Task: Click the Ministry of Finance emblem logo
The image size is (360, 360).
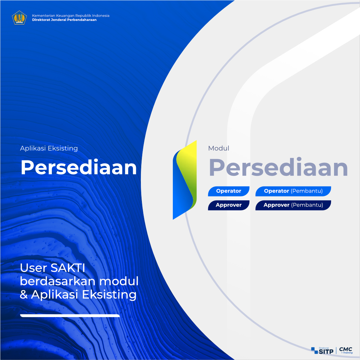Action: (x=19, y=18)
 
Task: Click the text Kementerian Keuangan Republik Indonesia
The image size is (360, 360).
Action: (x=71, y=16)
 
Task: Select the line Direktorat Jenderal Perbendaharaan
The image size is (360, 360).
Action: (x=64, y=20)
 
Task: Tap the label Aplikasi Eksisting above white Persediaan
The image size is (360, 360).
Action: (x=49, y=148)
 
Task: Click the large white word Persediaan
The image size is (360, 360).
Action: (x=79, y=167)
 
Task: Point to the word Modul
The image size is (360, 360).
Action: (x=218, y=148)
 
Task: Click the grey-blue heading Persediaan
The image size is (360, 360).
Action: (x=278, y=168)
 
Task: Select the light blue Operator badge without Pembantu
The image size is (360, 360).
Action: (x=229, y=191)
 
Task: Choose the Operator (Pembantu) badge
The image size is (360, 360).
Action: (x=293, y=191)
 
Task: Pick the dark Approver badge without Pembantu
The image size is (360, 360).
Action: (x=229, y=205)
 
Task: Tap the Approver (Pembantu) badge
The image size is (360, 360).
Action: (x=293, y=205)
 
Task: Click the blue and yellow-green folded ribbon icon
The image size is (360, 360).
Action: (x=185, y=180)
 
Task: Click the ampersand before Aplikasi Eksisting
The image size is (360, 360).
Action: (x=24, y=295)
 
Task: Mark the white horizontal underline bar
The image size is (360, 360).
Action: (x=70, y=316)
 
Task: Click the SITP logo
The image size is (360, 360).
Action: (x=322, y=351)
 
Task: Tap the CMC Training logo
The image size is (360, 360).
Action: (x=346, y=350)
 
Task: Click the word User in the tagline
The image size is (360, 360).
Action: (x=34, y=268)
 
